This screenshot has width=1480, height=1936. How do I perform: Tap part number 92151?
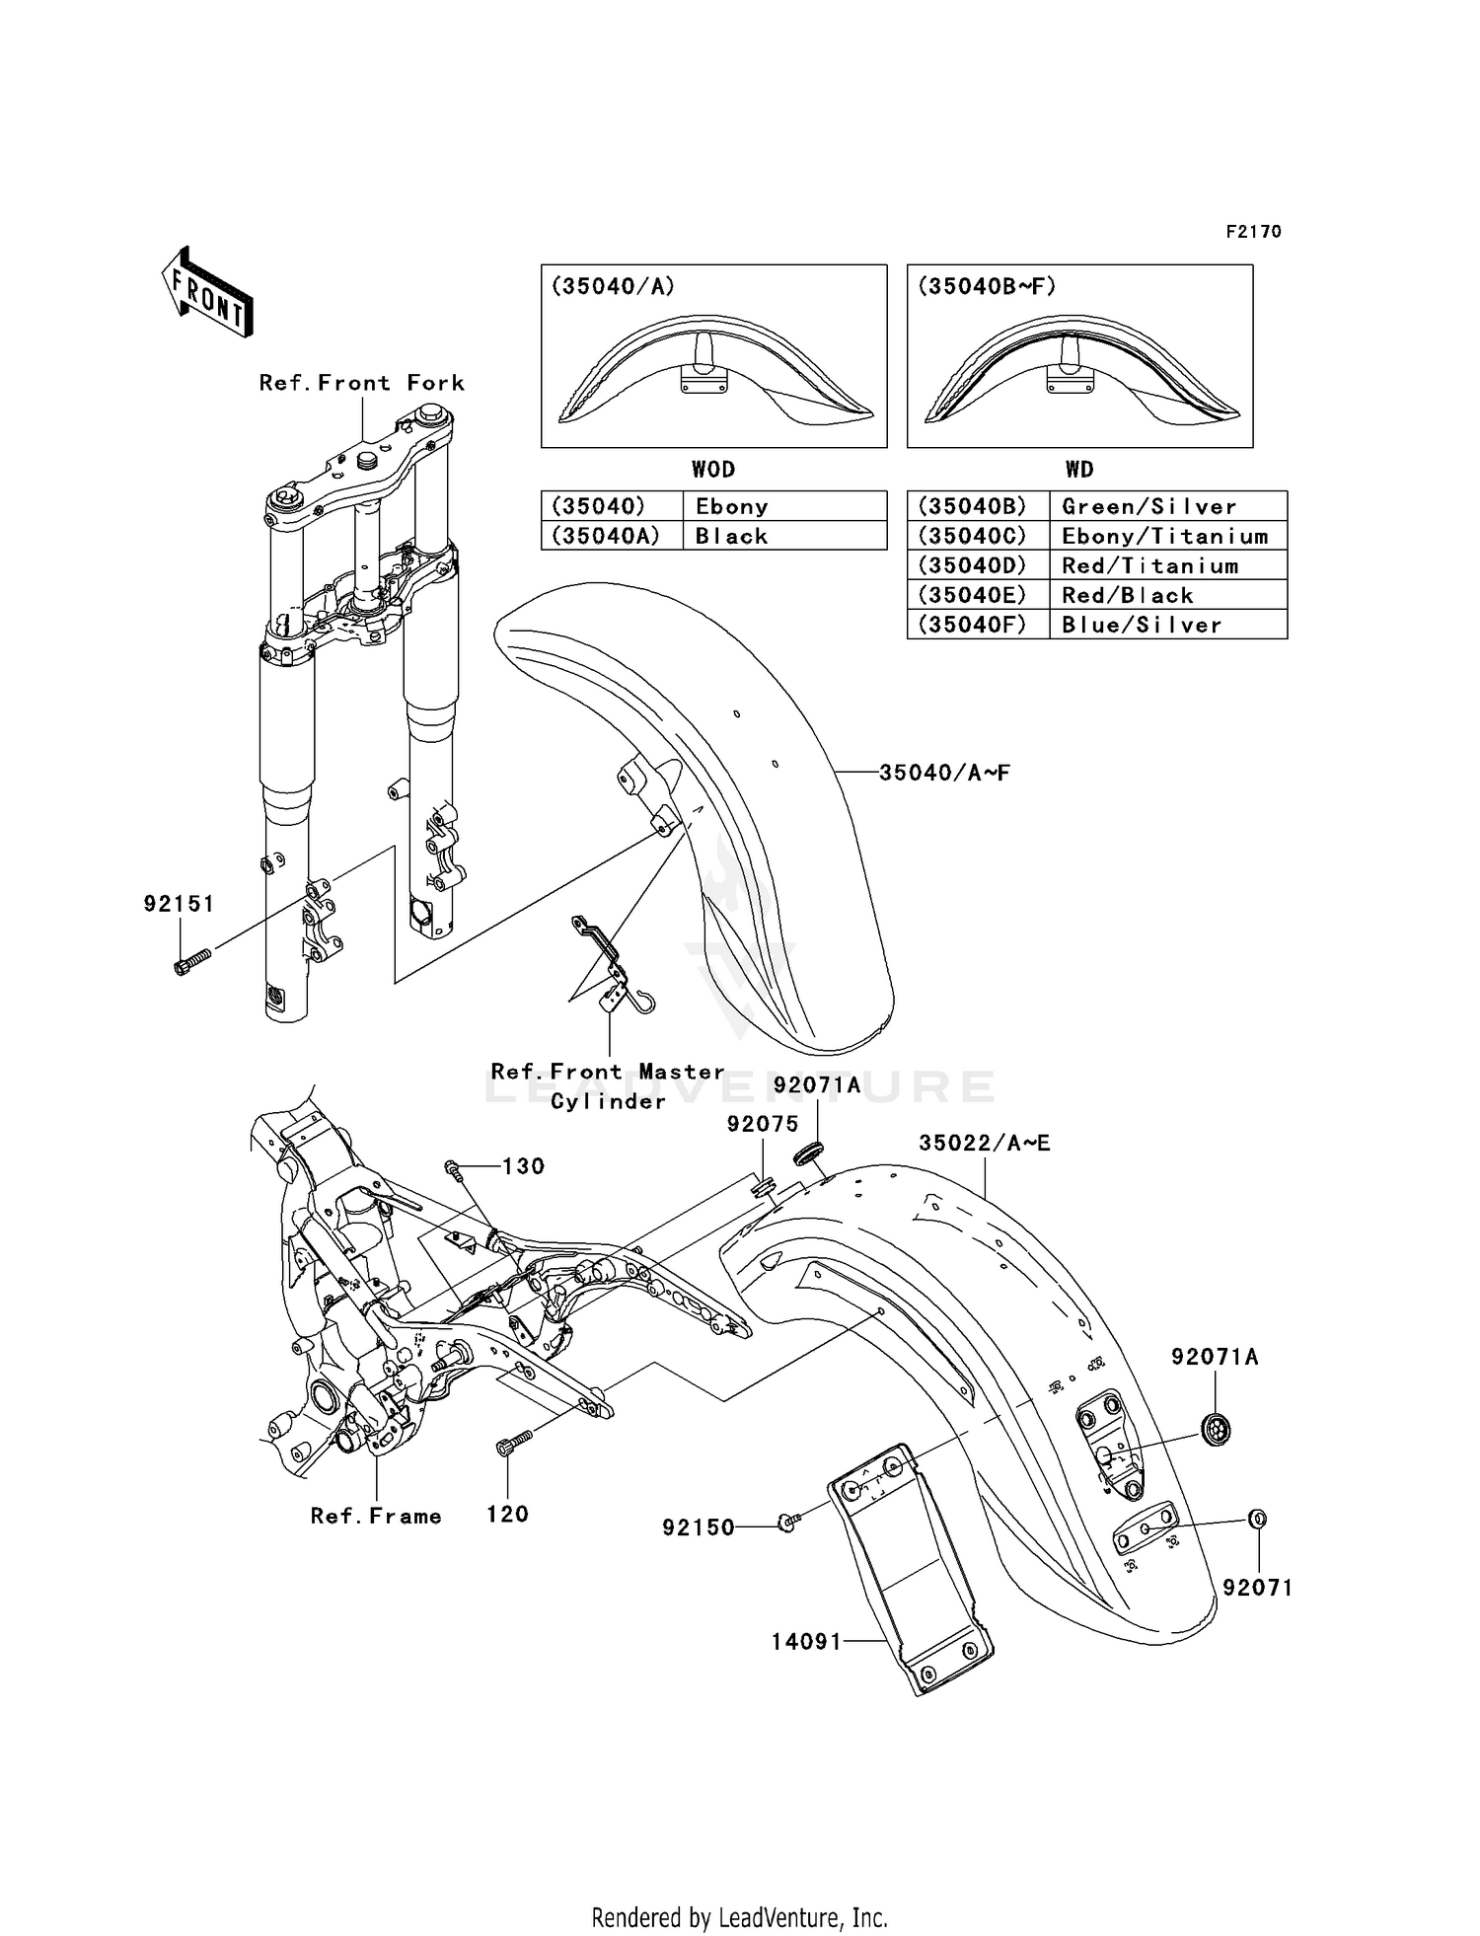(x=179, y=904)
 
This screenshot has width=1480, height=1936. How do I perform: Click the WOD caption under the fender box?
(x=712, y=470)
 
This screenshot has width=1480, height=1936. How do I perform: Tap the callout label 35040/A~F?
(x=944, y=773)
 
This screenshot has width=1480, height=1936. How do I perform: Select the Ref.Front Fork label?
(x=361, y=383)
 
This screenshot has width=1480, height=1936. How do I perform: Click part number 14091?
(x=806, y=1641)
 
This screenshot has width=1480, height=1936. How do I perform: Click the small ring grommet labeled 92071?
(x=1258, y=1519)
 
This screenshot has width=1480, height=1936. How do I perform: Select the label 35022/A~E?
(x=984, y=1144)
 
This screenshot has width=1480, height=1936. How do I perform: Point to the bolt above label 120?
(x=512, y=1445)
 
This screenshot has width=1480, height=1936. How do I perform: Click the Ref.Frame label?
(x=376, y=1516)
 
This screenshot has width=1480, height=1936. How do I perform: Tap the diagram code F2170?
(x=1253, y=232)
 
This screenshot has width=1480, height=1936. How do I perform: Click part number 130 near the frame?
(x=523, y=1166)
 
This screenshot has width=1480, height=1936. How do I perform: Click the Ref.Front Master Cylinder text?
(x=608, y=1085)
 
